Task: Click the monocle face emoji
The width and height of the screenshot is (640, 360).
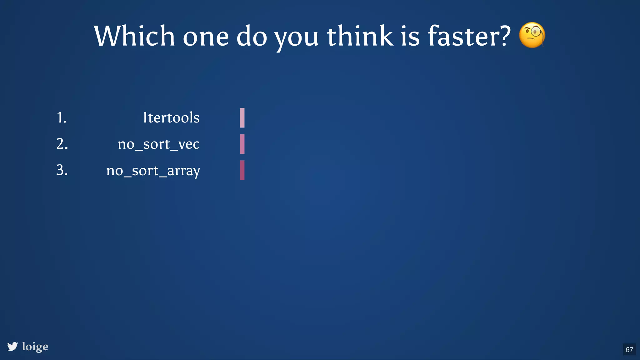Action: tap(532, 35)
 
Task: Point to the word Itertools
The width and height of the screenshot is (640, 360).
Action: tap(171, 118)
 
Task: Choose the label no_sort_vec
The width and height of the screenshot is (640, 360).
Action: tap(158, 144)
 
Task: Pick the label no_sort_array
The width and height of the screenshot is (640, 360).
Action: tap(153, 171)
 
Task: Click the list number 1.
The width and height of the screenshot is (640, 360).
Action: tap(62, 118)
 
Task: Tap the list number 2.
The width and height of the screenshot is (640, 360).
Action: tap(62, 144)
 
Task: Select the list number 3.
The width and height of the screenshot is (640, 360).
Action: tap(62, 170)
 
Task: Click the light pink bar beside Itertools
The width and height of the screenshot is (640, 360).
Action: tap(242, 118)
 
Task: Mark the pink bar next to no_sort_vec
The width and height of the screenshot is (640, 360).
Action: tap(242, 144)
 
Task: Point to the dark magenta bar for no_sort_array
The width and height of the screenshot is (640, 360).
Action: tap(242, 170)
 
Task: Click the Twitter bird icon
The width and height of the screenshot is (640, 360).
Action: tap(12, 346)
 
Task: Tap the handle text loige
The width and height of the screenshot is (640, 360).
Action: tap(35, 347)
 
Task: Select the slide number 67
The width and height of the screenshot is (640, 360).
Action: tap(629, 349)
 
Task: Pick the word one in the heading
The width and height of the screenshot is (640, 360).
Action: tap(206, 37)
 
